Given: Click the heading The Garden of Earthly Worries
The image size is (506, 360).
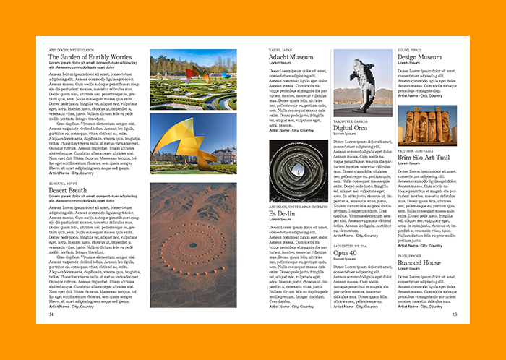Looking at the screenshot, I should [x=90, y=56].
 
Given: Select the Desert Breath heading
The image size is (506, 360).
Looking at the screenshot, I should [x=67, y=191].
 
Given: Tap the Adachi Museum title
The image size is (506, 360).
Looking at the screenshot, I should [x=291, y=56].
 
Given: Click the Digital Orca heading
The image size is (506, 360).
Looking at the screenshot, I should [x=350, y=128].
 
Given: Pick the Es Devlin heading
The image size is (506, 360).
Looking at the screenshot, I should [x=283, y=213].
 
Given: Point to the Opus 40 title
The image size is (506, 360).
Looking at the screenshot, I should [x=344, y=253].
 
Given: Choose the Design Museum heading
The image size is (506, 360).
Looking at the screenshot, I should [x=419, y=56].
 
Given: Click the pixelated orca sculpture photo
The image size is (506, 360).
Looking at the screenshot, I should [x=362, y=82].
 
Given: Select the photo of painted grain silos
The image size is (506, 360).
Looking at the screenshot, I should [x=427, y=126].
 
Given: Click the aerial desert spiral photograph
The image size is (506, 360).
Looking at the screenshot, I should [x=193, y=245].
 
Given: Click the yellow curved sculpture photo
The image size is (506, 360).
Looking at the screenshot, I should [x=193, y=143].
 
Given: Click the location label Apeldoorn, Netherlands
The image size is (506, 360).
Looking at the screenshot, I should [x=72, y=49].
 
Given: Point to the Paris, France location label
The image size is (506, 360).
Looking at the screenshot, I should [x=410, y=256].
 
